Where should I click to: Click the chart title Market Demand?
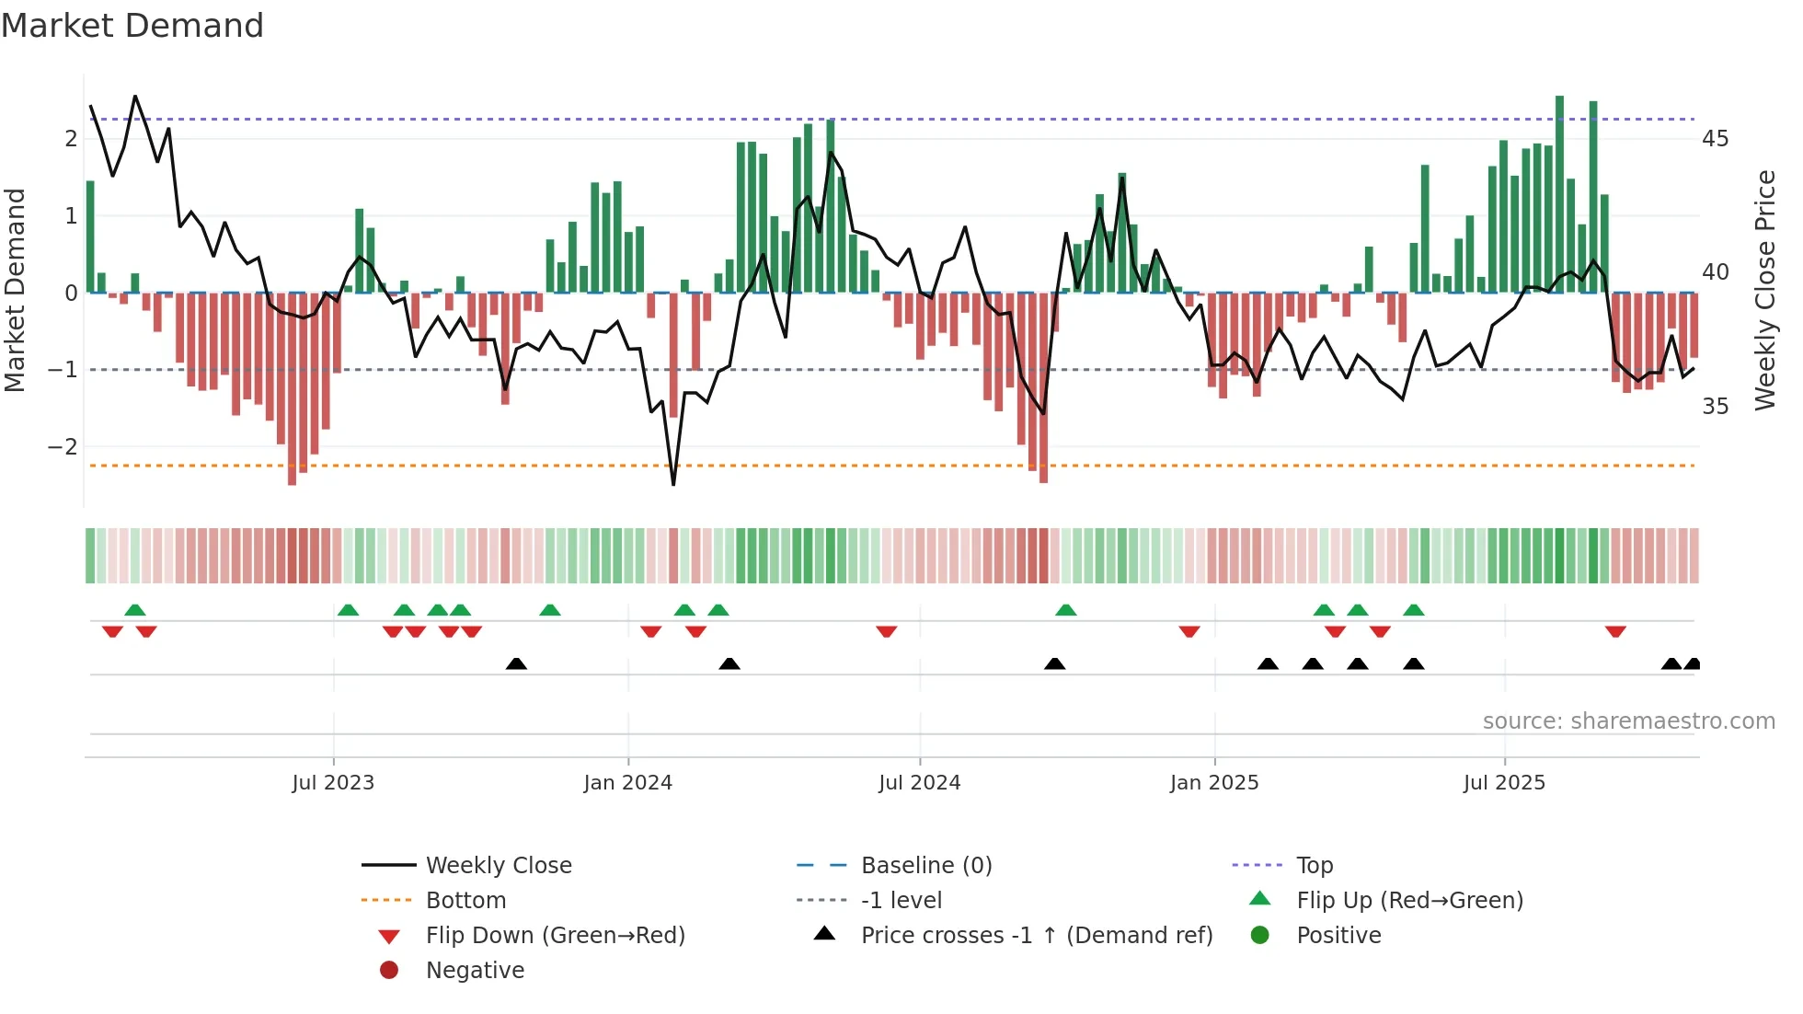click(132, 26)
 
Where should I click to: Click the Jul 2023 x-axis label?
click(333, 783)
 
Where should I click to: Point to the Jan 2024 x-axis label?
click(627, 783)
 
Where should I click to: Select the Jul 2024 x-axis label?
click(919, 783)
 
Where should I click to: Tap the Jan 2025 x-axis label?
click(1214, 783)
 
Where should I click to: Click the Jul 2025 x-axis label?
click(1504, 783)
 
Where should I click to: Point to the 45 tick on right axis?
click(1715, 139)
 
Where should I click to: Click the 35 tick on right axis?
click(1715, 407)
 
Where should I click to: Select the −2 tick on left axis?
click(63, 447)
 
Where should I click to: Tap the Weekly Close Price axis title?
click(1764, 290)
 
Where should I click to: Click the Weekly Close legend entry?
click(498, 866)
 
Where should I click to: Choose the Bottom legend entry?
click(465, 901)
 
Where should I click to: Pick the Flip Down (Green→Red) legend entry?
click(555, 936)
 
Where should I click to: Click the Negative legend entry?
click(475, 971)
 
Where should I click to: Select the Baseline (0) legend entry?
click(925, 866)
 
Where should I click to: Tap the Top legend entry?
click(1314, 866)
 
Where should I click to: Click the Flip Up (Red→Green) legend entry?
click(1409, 901)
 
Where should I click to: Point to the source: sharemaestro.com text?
click(1628, 721)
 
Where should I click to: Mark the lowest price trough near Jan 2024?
click(673, 483)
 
